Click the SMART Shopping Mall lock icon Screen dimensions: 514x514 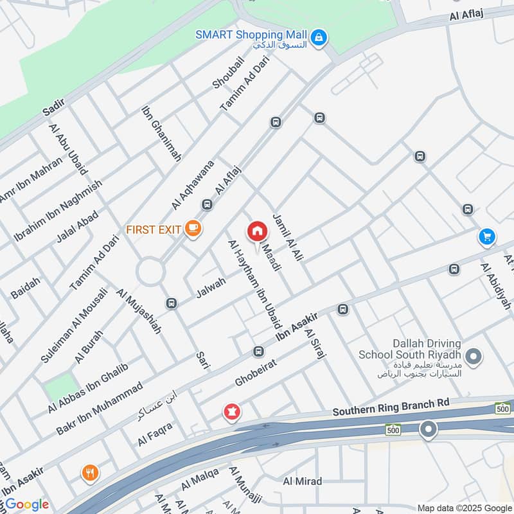pyautogui.click(x=319, y=39)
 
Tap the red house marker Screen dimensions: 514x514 pyautogui.click(x=257, y=231)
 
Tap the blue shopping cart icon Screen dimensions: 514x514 pyautogui.click(x=487, y=237)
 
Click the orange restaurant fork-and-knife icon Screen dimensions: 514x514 pyautogui.click(x=90, y=474)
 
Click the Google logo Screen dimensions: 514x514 pyautogui.click(x=26, y=504)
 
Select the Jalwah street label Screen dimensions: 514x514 pyautogui.click(x=211, y=287)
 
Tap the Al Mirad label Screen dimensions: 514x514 pyautogui.click(x=303, y=481)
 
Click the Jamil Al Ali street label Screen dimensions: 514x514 pyautogui.click(x=287, y=236)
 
